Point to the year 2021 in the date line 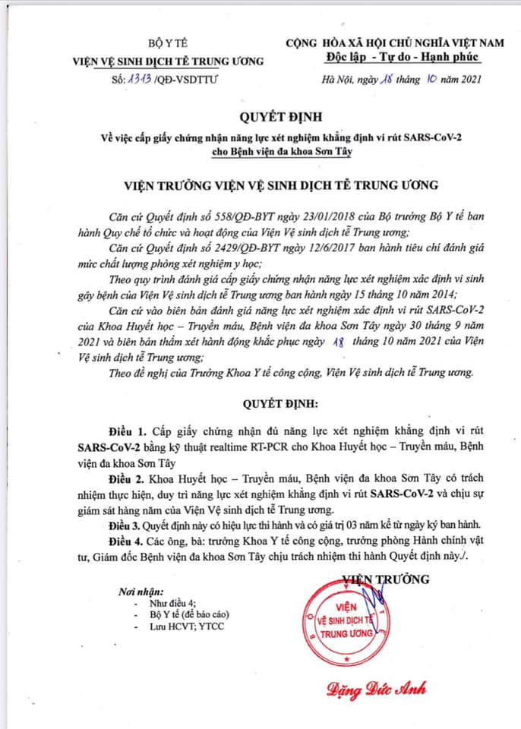click(463, 78)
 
